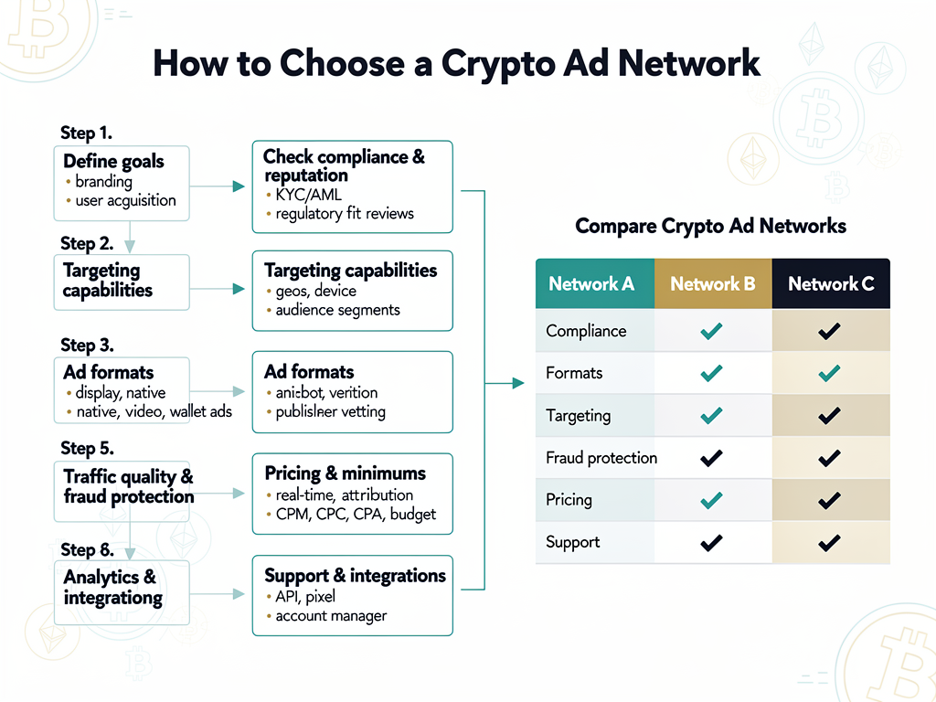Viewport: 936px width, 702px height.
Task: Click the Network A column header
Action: click(591, 283)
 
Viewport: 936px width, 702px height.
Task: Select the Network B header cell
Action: click(713, 283)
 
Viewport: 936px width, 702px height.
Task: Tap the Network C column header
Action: click(831, 283)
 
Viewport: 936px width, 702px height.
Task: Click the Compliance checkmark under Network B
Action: click(711, 331)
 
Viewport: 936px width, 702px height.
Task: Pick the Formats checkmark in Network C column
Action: click(829, 373)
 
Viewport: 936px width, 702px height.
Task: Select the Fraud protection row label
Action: click(601, 458)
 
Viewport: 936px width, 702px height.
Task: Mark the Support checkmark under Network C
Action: click(829, 543)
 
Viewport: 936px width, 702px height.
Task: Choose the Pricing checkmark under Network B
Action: click(711, 500)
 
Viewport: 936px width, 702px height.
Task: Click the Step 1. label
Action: click(86, 133)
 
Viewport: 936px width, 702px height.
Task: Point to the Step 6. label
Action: click(87, 550)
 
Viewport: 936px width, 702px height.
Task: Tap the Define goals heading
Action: click(113, 162)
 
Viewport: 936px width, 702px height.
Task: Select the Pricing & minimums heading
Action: click(345, 473)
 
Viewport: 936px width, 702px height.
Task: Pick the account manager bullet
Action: click(331, 616)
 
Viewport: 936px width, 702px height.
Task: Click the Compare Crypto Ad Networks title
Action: click(710, 226)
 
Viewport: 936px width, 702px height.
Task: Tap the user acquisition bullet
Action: click(125, 201)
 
